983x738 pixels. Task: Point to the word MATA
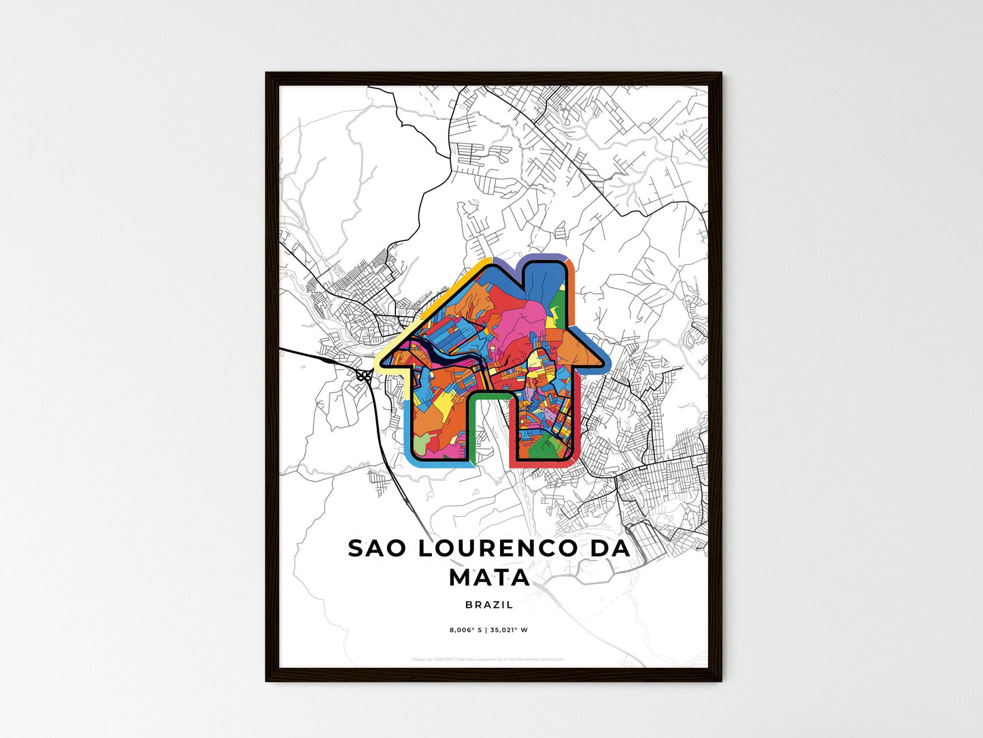tap(489, 577)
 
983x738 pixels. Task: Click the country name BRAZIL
tap(489, 605)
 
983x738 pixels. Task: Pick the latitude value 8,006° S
tap(465, 630)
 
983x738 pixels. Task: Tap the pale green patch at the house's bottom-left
tap(423, 446)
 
